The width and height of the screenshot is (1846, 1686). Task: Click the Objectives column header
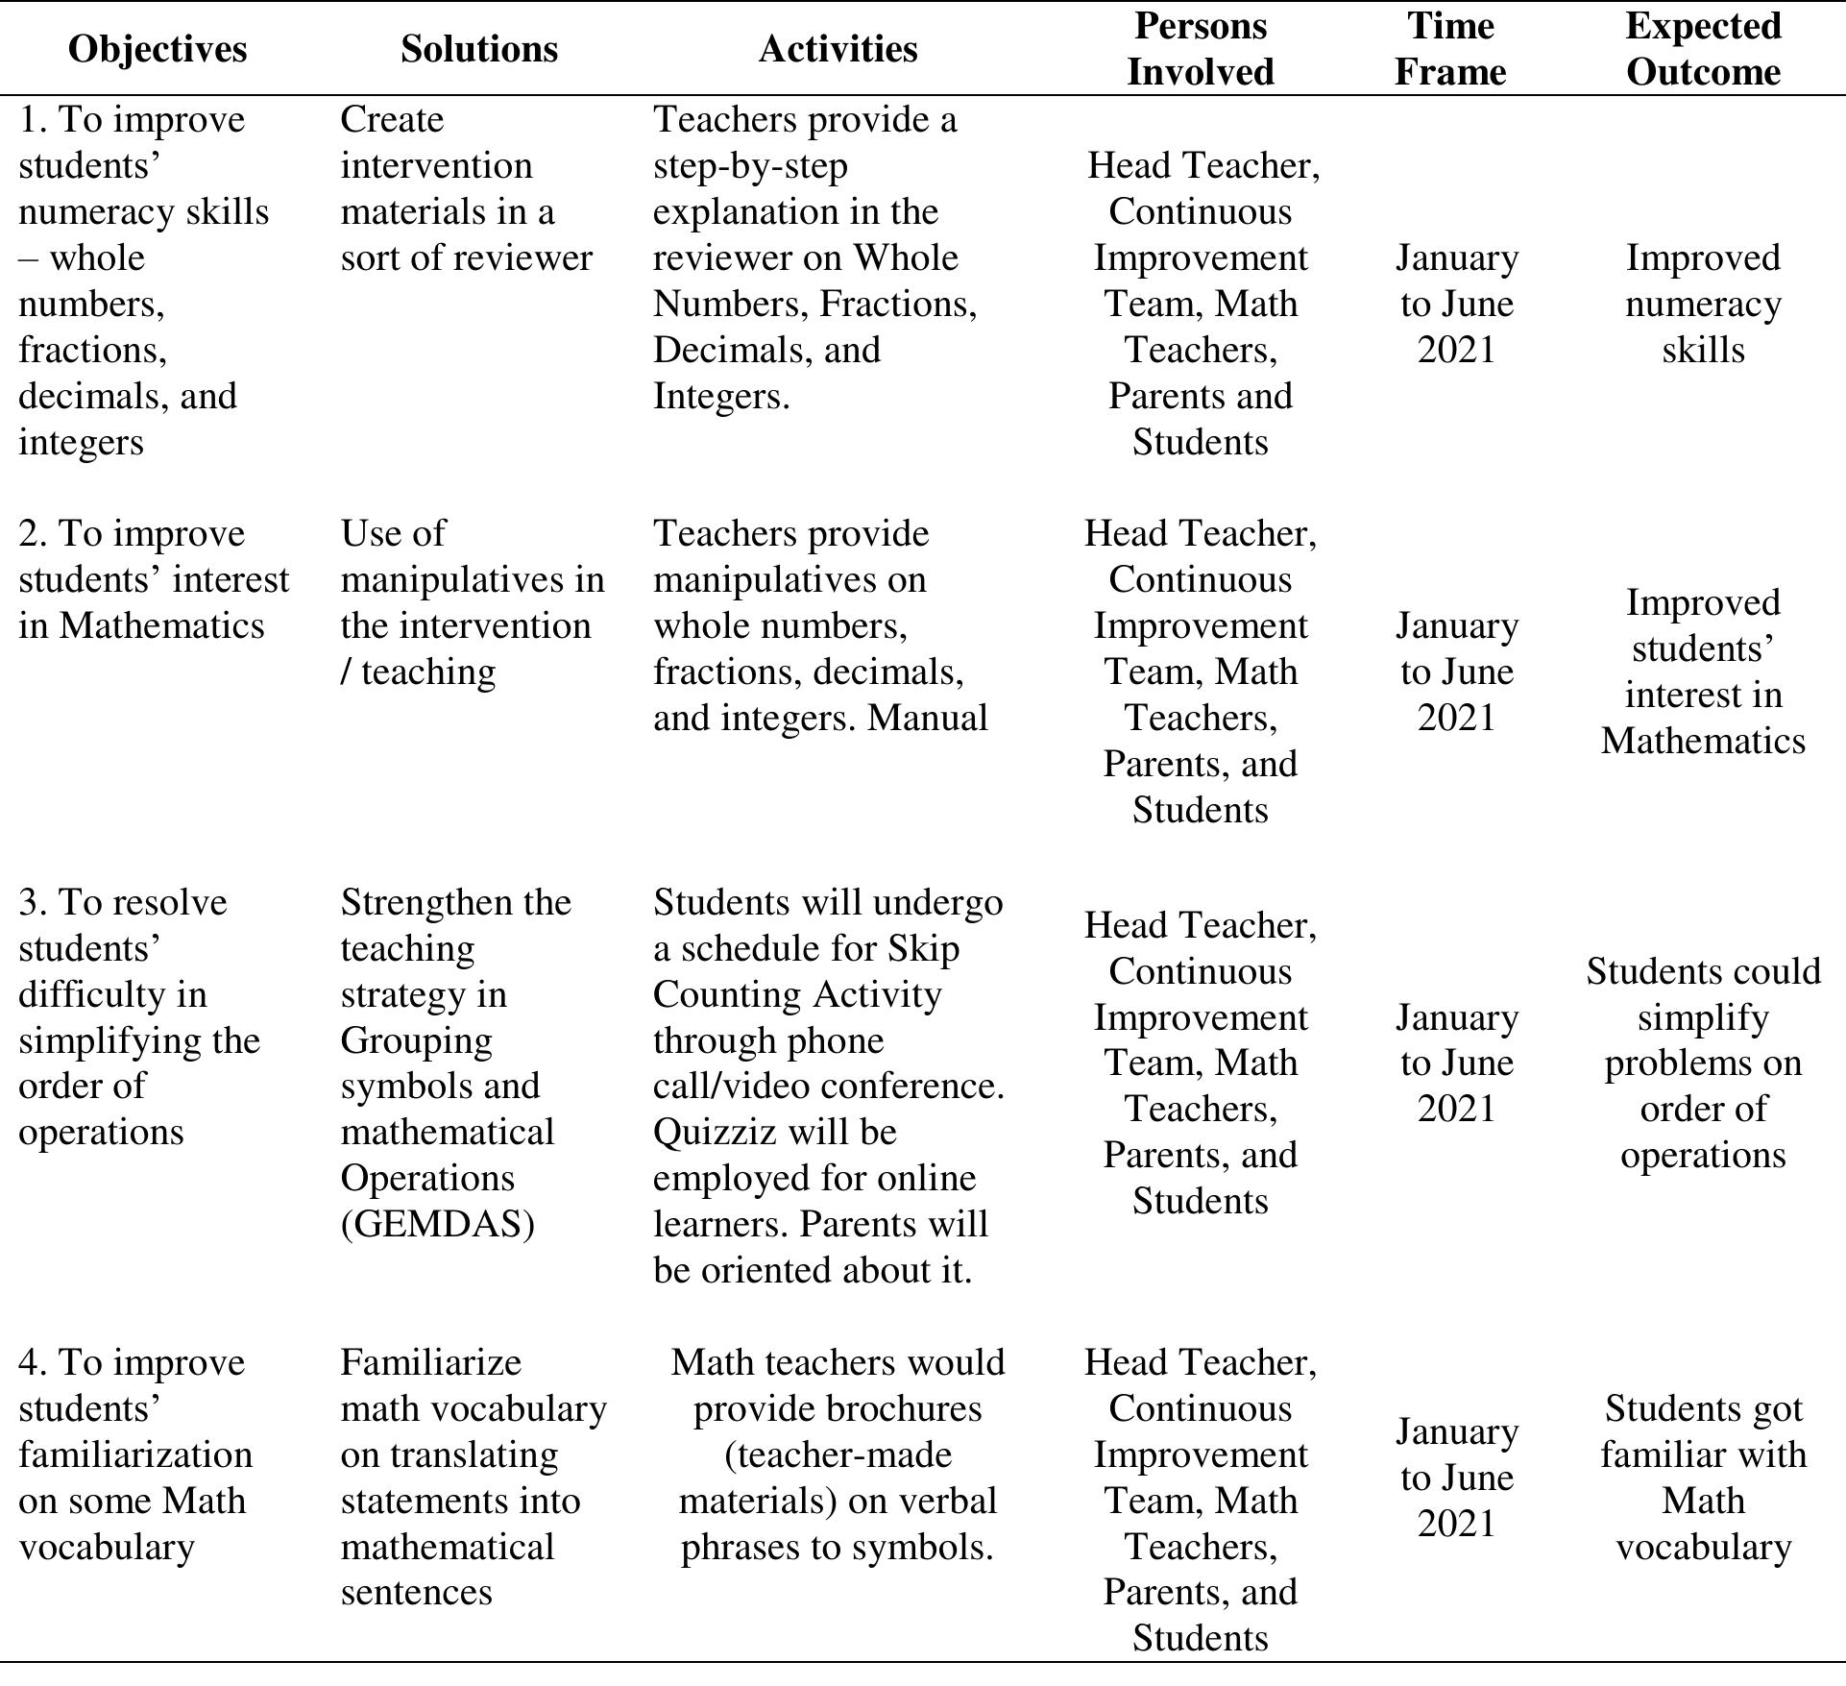[x=158, y=49]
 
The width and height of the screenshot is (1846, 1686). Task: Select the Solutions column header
[x=479, y=49]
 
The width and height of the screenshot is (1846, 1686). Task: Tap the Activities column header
[x=838, y=49]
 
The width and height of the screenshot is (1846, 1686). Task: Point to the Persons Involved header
[x=1200, y=49]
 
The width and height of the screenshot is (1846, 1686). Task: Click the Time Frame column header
[x=1450, y=49]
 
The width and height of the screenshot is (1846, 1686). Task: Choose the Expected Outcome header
[x=1703, y=49]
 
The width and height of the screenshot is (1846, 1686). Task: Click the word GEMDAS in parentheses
[x=437, y=1224]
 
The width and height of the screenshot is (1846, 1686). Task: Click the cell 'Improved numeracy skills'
[x=1703, y=304]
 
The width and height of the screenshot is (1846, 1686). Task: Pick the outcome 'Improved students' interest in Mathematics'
[x=1703, y=672]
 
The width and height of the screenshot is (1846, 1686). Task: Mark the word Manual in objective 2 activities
[x=928, y=718]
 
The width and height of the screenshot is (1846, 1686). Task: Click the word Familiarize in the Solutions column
[x=430, y=1362]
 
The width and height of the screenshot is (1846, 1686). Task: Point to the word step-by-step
[x=750, y=165]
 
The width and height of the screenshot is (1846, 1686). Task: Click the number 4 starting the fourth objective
[x=29, y=1362]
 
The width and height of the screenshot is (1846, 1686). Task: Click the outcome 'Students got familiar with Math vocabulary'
[x=1703, y=1478]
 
